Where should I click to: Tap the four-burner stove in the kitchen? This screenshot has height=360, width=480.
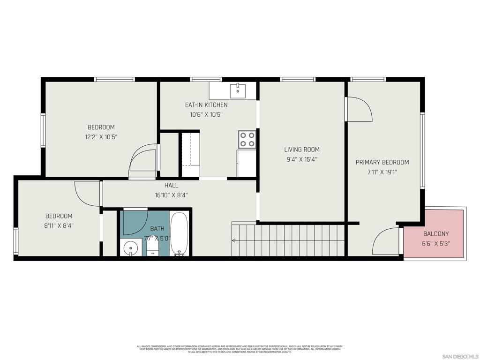pyautogui.click(x=247, y=139)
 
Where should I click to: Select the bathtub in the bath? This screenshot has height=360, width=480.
pyautogui.click(x=179, y=234)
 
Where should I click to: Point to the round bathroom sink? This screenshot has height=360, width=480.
pyautogui.click(x=131, y=247)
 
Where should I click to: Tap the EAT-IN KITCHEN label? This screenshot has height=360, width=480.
pyautogui.click(x=206, y=105)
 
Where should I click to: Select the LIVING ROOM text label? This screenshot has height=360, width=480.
pyautogui.click(x=302, y=150)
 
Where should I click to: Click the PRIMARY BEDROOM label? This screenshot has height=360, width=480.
pyautogui.click(x=382, y=162)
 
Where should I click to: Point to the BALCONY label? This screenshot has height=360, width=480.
pyautogui.click(x=436, y=233)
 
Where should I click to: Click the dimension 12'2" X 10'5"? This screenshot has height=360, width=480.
pyautogui.click(x=101, y=137)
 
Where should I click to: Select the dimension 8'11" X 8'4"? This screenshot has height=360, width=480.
pyautogui.click(x=59, y=225)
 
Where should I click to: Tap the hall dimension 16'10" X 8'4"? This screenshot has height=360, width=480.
pyautogui.click(x=171, y=195)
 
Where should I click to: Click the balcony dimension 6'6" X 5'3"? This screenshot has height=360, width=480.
pyautogui.click(x=436, y=243)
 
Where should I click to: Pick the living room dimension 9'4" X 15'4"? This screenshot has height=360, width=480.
pyautogui.click(x=302, y=159)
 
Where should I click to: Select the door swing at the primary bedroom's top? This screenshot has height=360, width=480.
pyautogui.click(x=359, y=109)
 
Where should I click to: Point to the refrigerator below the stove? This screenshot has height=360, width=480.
pyautogui.click(x=247, y=163)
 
